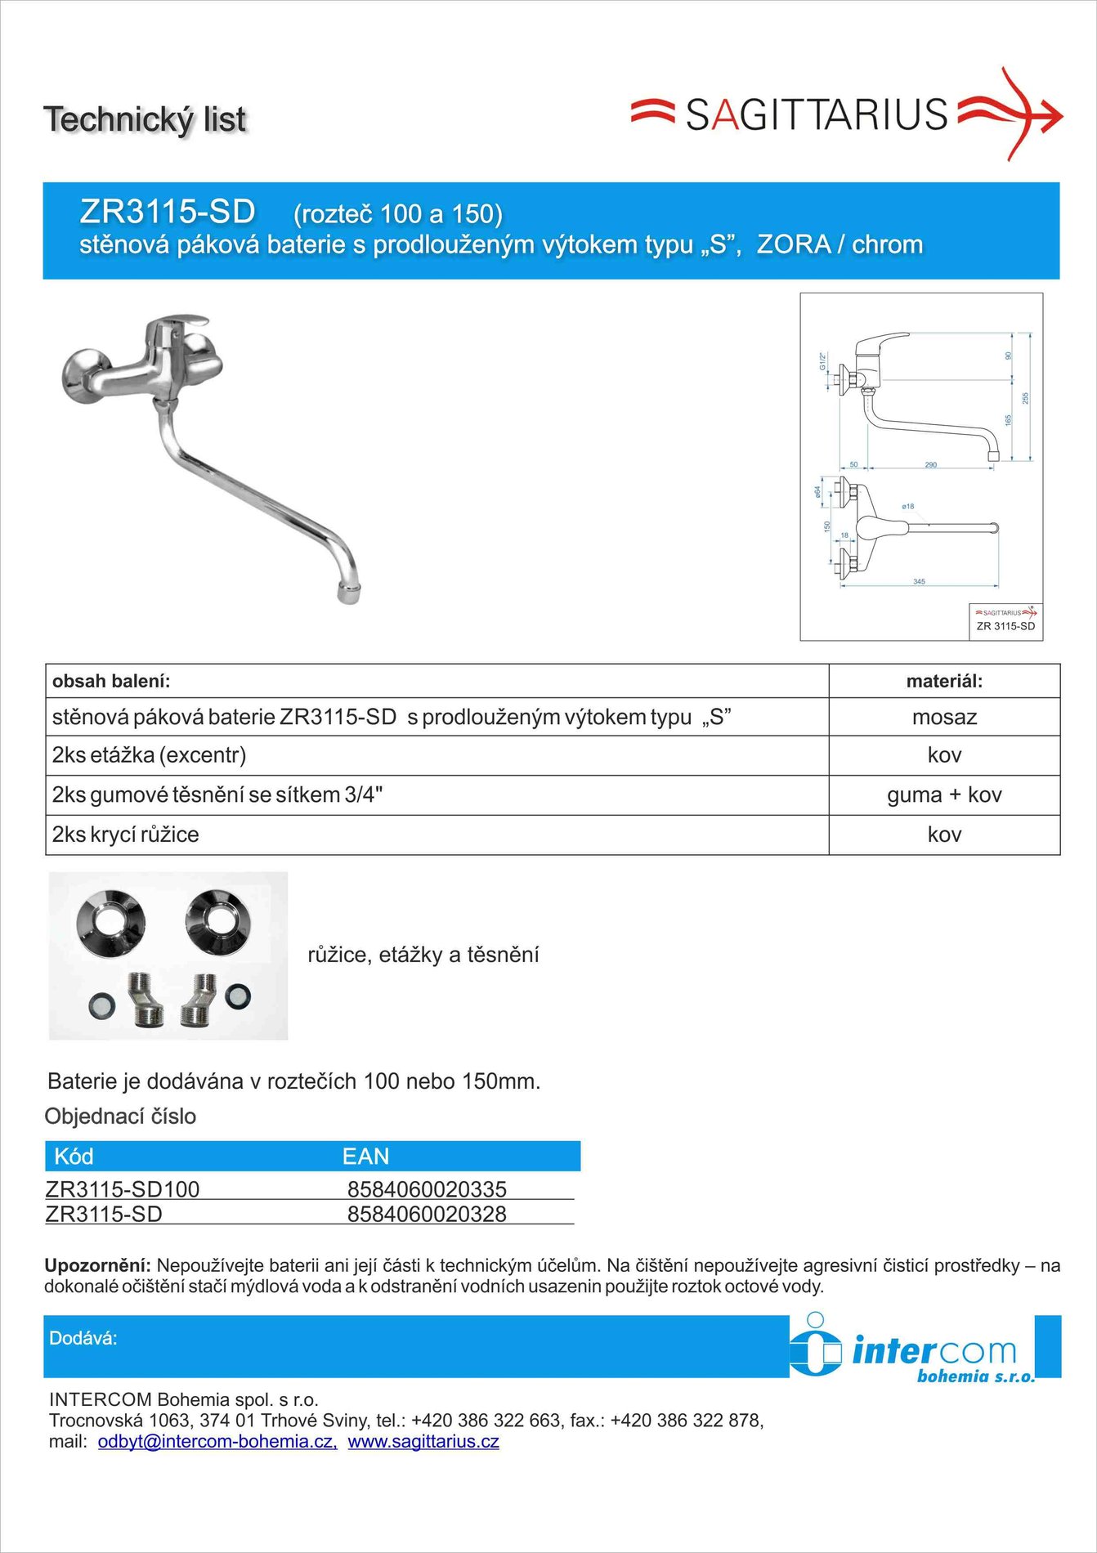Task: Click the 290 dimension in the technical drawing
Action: [x=930, y=464]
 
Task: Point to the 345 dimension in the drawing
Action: [x=919, y=582]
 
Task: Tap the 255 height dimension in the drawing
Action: [x=1025, y=398]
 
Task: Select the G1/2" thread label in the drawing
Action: [x=822, y=360]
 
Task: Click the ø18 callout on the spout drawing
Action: [x=907, y=507]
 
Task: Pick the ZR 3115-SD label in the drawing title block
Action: [x=1005, y=626]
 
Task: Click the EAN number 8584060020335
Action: [x=427, y=1188]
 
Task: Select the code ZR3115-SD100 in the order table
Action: [x=123, y=1188]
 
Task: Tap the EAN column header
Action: [x=365, y=1157]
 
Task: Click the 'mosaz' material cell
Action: [x=944, y=717]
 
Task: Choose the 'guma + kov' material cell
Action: [x=944, y=794]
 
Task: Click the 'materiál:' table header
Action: [x=944, y=681]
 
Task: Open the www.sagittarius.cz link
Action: [x=423, y=1441]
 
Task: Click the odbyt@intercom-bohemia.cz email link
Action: [x=217, y=1441]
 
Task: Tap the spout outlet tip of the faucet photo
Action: [x=349, y=592]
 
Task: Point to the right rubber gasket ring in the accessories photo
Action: [x=237, y=996]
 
